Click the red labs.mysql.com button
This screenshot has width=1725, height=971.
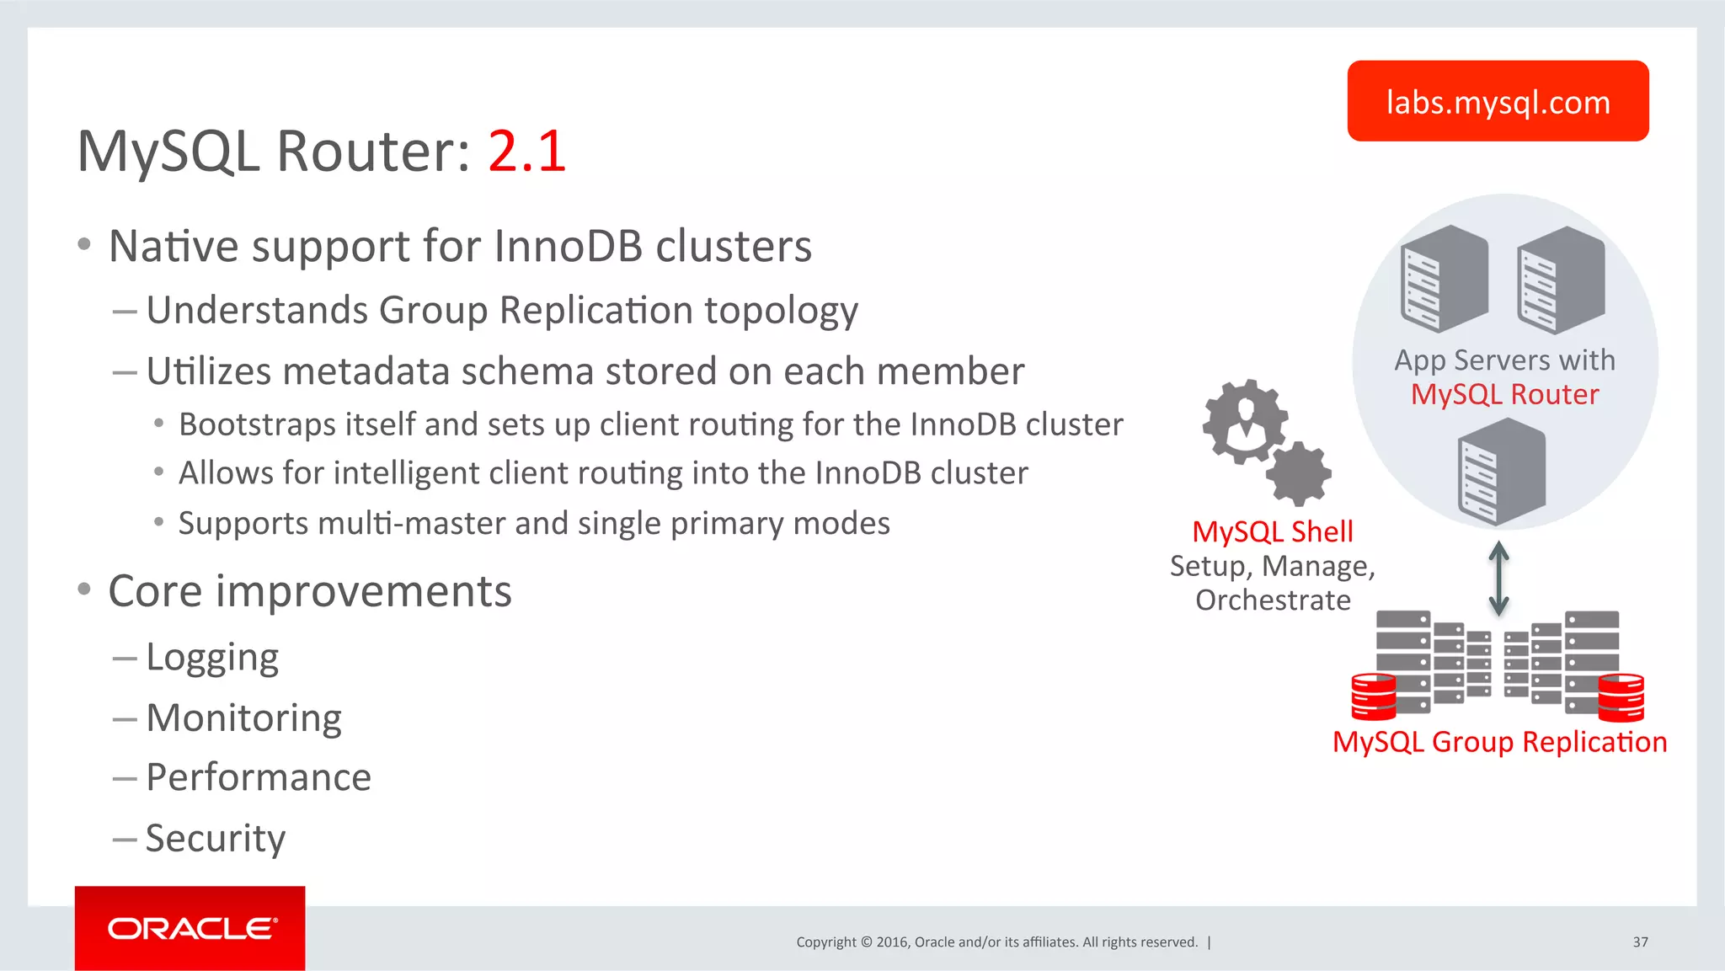pos(1498,101)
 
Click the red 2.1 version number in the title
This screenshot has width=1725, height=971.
pos(526,152)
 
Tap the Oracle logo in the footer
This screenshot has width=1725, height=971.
pos(190,928)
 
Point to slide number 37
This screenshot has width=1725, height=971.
pos(1640,942)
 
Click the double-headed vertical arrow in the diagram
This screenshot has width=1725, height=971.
pos(1498,578)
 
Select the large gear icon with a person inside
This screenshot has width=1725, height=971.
pos(1245,420)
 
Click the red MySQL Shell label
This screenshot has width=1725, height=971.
pos(1272,532)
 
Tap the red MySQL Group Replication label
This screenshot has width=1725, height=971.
pos(1499,742)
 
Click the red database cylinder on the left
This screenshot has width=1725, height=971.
pos(1373,696)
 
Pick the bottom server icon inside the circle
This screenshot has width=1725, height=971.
pos(1501,472)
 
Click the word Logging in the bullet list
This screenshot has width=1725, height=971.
pos(212,658)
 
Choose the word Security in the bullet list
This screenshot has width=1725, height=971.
pos(216,839)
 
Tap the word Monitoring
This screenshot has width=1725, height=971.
pos(244,718)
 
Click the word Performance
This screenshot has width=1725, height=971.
pos(259,777)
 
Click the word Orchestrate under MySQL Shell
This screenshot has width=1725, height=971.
pos(1273,600)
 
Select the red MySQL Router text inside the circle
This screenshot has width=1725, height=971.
pos(1504,394)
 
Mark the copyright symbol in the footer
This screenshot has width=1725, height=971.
pos(866,942)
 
